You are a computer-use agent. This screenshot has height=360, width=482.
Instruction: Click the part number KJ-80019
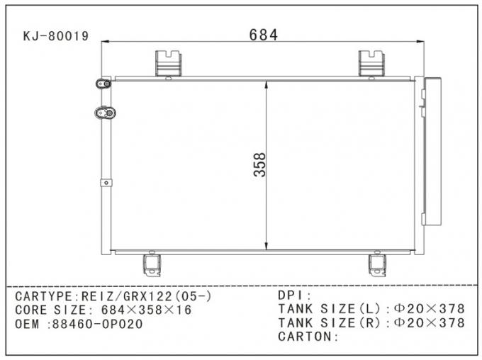tap(56, 36)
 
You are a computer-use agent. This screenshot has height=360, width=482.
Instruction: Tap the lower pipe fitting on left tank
tap(106, 112)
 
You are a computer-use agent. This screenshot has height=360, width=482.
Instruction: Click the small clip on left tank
tap(106, 183)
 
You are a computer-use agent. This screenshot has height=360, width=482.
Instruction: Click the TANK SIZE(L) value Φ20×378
tap(429, 309)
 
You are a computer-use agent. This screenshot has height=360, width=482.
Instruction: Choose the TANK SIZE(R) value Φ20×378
tap(429, 322)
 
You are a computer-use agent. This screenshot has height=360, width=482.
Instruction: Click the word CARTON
tap(306, 336)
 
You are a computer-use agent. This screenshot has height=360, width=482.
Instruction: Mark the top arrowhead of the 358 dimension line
tap(266, 84)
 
